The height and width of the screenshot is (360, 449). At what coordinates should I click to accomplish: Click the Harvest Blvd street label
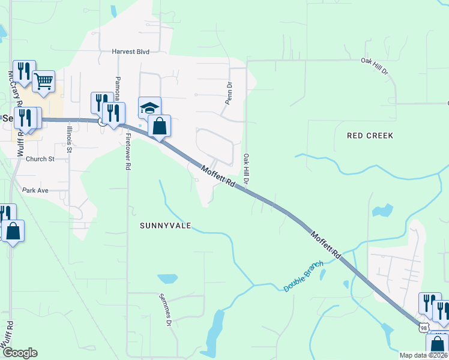pos(130,52)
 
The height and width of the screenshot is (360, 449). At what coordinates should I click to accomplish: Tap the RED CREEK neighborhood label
pos(370,136)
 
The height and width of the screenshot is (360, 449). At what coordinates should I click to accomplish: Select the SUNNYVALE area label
pos(165,226)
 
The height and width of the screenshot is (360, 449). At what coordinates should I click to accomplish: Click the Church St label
pos(40,159)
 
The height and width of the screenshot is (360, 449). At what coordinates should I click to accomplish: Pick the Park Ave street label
pos(35,190)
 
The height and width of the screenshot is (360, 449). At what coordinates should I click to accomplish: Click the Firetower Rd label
pos(128,152)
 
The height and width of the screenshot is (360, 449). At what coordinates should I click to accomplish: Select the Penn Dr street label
pos(228,94)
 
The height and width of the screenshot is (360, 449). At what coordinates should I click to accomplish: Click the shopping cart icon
pos(43,82)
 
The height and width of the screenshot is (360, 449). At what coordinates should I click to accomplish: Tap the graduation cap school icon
pos(149,107)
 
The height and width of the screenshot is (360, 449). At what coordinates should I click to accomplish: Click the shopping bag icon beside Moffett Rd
pos(159,126)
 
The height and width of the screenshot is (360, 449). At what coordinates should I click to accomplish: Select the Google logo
pos(20,353)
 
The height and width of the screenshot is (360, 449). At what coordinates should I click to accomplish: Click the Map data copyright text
pos(423,355)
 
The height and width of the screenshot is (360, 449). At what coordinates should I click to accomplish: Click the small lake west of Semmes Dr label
pos(167,279)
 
